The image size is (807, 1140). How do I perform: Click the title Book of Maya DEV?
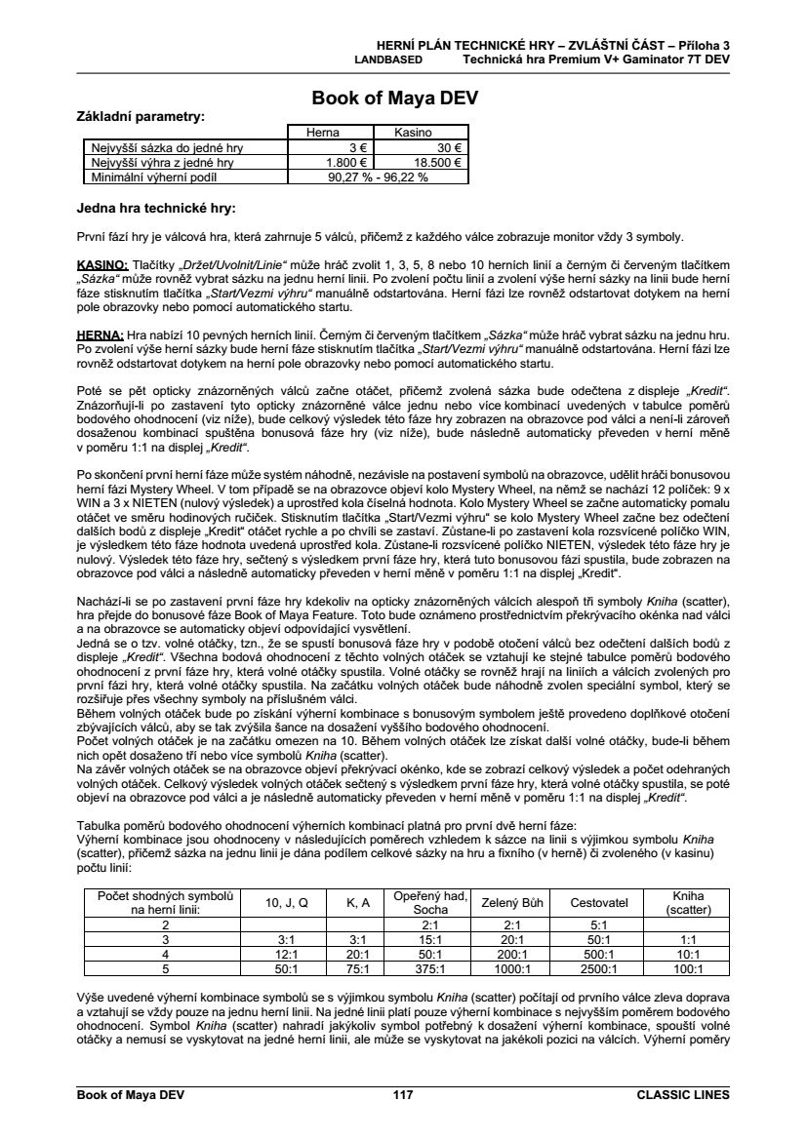click(x=394, y=98)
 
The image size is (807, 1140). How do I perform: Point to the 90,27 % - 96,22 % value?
click(x=373, y=177)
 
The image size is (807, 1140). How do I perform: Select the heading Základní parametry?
click(x=141, y=116)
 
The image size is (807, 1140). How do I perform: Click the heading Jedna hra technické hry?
click(x=156, y=208)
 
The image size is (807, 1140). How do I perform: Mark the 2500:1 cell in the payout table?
click(x=598, y=969)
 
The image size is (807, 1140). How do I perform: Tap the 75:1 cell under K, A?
click(x=359, y=969)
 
